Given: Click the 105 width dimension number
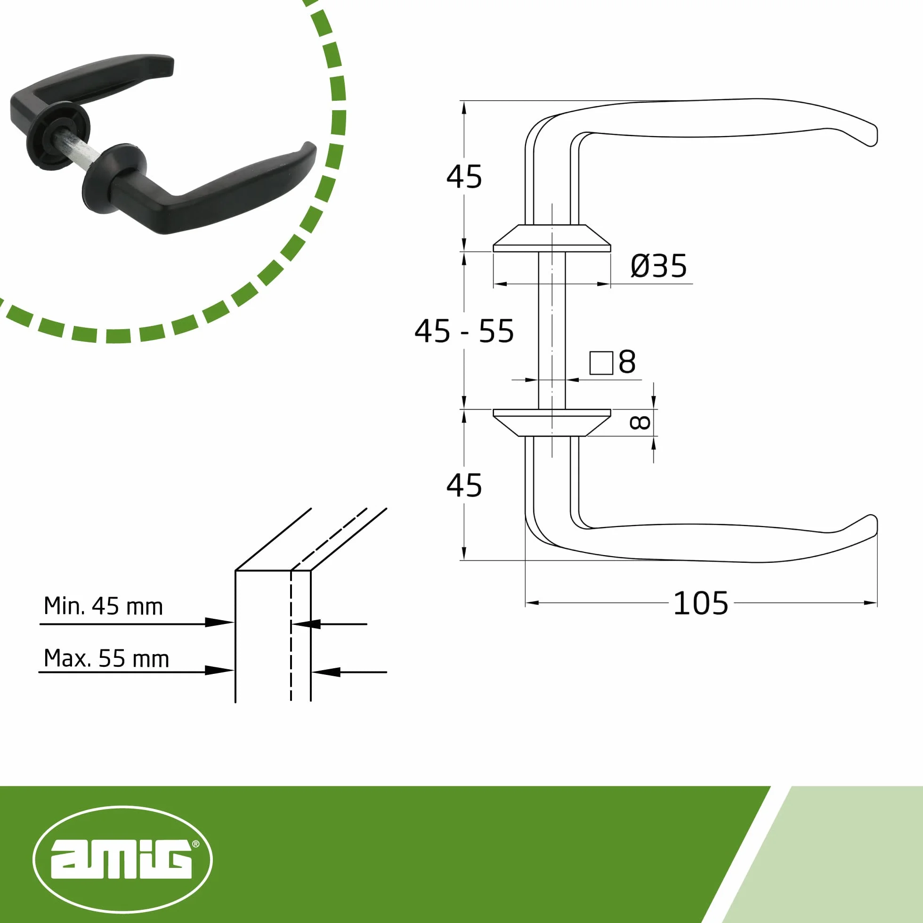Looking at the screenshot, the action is (700, 603).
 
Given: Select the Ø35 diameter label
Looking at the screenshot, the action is (659, 266).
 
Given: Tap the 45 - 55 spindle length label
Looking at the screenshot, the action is (464, 331).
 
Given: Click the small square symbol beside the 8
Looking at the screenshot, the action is (601, 363).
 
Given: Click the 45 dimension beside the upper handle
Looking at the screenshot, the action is (464, 177).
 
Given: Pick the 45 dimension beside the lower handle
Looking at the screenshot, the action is (464, 486).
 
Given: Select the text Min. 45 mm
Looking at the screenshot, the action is (103, 606).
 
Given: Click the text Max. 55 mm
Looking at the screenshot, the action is (106, 658).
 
